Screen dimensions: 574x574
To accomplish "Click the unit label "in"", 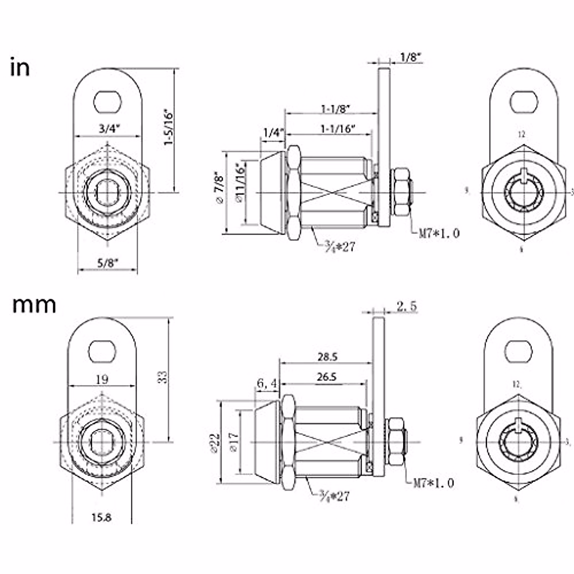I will coord(20,68).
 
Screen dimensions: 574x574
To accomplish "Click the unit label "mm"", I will coord(34,305).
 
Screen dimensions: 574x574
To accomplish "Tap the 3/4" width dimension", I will coord(109,129).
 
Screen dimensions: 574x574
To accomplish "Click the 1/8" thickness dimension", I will coord(410,57).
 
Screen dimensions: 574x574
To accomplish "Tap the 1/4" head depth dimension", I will coord(273,132).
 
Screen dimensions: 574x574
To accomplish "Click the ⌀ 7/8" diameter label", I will coord(220,188).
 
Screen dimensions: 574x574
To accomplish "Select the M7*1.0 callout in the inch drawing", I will coord(439,233).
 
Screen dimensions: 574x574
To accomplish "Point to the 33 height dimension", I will coord(163,377).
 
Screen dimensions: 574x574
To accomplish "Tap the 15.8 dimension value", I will coord(101,517).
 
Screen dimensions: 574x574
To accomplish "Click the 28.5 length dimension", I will coord(327,357).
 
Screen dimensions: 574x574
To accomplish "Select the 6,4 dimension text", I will coord(267,383).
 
